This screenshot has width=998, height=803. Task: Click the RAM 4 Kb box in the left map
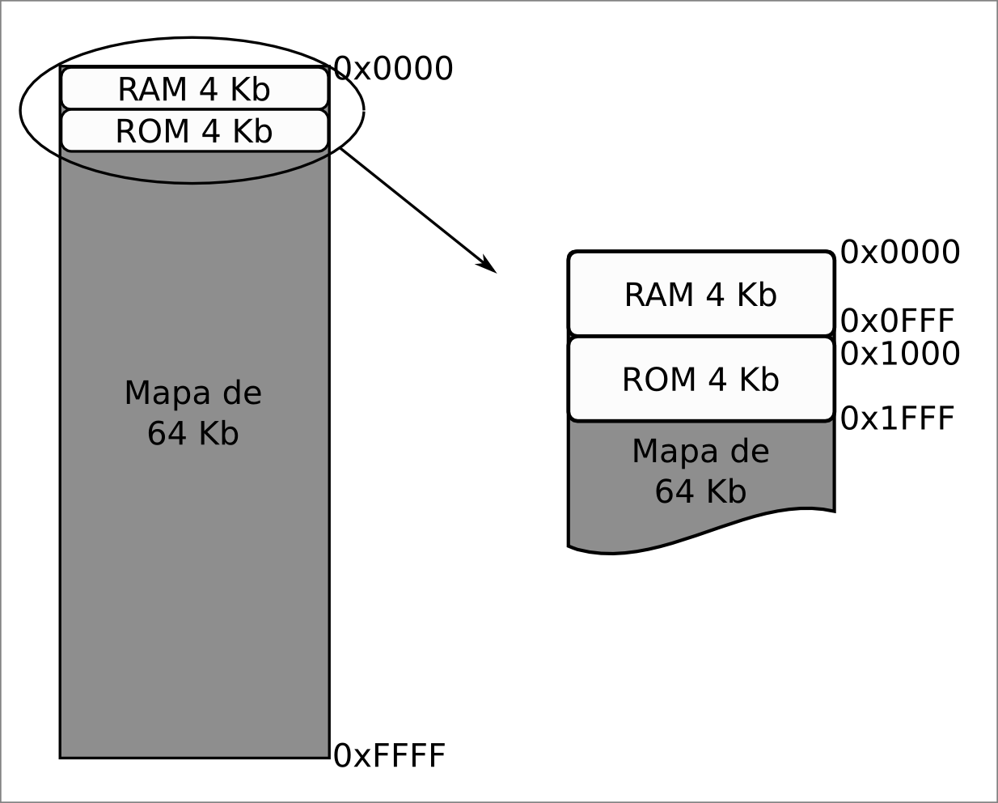pos(194,89)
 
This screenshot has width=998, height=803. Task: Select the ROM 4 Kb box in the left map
pos(194,131)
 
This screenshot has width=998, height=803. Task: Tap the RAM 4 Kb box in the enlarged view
pos(700,295)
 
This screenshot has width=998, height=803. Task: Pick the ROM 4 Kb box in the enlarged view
pos(700,379)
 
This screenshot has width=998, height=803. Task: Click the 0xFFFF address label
pos(390,756)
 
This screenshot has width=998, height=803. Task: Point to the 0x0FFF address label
pos(898,321)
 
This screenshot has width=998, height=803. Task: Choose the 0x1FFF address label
pos(898,418)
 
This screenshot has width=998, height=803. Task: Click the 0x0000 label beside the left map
pos(393,69)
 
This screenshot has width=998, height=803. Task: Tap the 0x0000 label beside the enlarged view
pos(900,252)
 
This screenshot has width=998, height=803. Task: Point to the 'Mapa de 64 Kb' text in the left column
pos(193,413)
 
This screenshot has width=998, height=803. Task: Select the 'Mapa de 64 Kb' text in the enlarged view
pos(700,471)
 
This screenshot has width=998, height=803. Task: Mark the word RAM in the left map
pos(150,89)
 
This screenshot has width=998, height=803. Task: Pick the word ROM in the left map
pos(150,131)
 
